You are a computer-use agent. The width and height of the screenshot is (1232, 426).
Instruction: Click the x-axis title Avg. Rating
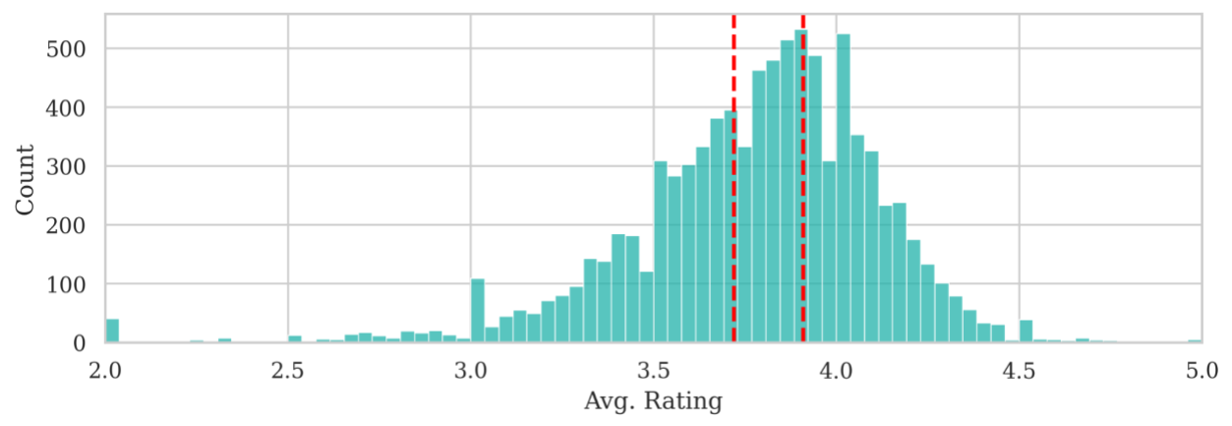coord(653,402)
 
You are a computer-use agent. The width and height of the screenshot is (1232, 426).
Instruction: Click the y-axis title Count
coord(26,179)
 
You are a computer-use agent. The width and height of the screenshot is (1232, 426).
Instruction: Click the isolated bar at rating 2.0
coord(112,332)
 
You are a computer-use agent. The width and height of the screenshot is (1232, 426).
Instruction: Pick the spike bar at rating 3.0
coord(478,312)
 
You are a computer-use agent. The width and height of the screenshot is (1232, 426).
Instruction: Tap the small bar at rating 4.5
coord(1026,333)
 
